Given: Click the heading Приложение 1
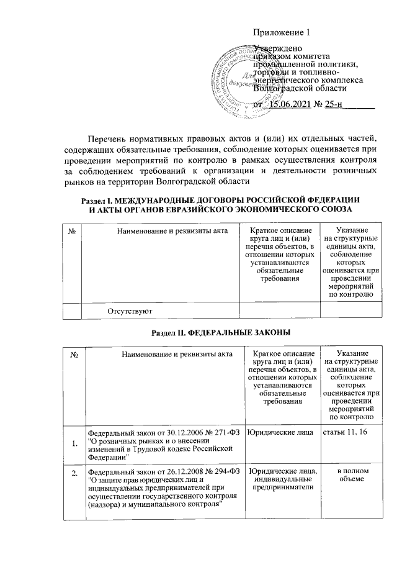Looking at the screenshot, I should pos(282,33).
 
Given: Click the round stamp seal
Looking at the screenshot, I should pos(239,76).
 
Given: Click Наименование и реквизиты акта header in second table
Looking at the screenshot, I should pos(163,354).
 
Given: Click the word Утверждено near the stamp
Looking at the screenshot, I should pos(279,48).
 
